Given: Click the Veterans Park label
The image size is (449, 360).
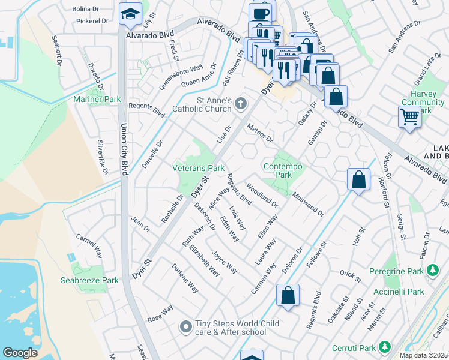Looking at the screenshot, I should pos(199,169).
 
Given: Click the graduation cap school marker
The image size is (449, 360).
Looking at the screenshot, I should pos(129,14).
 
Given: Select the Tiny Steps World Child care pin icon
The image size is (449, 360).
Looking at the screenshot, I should pos(186,327).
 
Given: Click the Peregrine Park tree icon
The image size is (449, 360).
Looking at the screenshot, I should pos(432,271).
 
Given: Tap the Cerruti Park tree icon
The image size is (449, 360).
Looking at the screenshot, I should pos(384,347).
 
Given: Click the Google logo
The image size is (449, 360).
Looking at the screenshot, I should pos(20,352).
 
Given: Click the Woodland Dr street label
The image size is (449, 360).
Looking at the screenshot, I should pos(262,195).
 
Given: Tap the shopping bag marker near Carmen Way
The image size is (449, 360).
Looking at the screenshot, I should pos(288,295).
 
